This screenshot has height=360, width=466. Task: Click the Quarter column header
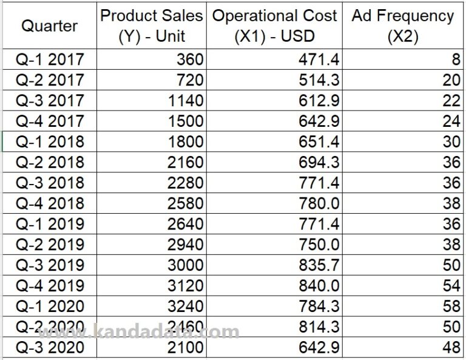(50, 25)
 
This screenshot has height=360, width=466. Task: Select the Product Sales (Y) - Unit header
(153, 25)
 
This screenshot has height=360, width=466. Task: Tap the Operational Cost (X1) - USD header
(274, 25)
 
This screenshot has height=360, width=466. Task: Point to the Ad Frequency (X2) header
(403, 25)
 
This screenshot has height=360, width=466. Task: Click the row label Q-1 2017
(50, 59)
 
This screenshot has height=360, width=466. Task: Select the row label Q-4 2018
(50, 203)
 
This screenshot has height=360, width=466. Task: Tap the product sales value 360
(190, 59)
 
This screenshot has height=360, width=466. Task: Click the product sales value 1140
(185, 101)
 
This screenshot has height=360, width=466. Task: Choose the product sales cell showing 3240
(185, 307)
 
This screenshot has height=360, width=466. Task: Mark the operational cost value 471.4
(319, 59)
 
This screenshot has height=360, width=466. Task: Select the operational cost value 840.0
(319, 286)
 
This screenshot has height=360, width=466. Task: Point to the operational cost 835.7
(319, 265)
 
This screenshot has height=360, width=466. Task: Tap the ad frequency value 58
(451, 307)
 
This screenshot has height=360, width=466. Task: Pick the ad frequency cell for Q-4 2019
(451, 286)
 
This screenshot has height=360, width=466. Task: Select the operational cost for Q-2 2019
(319, 245)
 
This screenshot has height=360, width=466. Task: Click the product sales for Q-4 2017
(185, 121)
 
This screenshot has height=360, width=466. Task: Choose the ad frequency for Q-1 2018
(451, 142)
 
